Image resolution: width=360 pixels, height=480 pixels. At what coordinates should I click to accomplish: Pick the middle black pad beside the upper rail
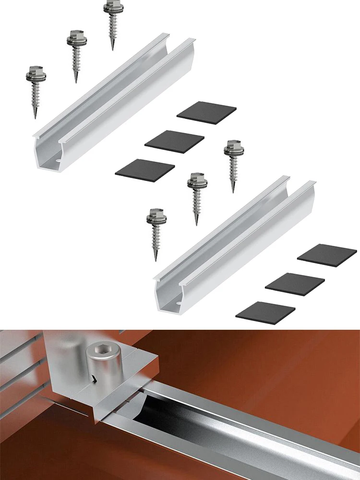click(x=174, y=142)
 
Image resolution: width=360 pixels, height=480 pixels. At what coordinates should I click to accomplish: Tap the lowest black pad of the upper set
click(x=145, y=170)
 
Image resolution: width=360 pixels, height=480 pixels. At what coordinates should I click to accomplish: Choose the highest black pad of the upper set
click(x=206, y=113)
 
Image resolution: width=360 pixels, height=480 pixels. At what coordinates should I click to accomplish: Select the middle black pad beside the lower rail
click(x=295, y=284)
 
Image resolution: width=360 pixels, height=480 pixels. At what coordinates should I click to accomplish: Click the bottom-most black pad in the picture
click(x=265, y=312)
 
